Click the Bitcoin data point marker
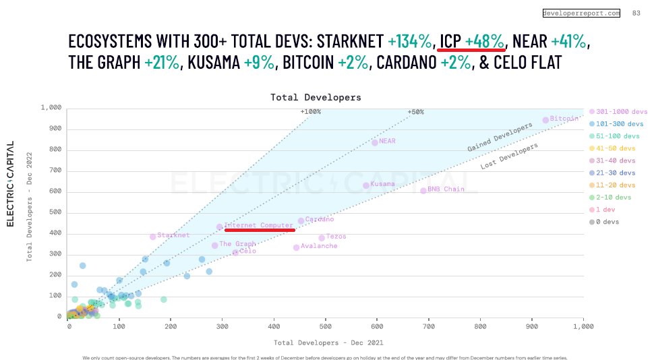coord(545,120)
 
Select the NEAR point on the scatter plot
coord(375,142)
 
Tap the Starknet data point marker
coord(153,237)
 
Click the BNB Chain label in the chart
coord(446,189)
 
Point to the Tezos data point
coord(322,238)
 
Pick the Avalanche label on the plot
coord(319,246)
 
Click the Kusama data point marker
coord(366,185)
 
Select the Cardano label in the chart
coord(319,219)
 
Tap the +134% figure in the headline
coord(410,41)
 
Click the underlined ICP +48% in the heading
coord(471,41)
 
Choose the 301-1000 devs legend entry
coord(618,112)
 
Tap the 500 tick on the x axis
coord(326,327)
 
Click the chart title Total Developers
coord(316,97)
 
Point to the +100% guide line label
coord(311,112)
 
